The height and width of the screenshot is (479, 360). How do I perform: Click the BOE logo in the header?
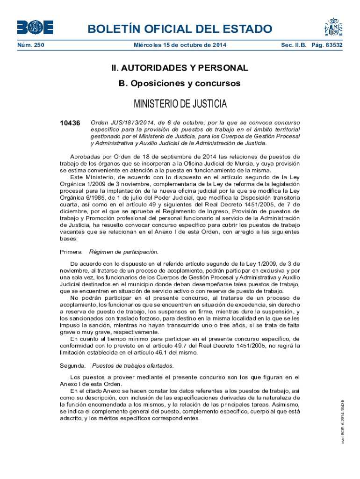click(x=35, y=28)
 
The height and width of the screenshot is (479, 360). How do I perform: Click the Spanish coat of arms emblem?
click(x=334, y=28)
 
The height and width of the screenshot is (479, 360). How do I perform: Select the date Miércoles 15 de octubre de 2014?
click(x=180, y=45)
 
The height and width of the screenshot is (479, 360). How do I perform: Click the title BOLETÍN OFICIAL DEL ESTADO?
click(x=180, y=29)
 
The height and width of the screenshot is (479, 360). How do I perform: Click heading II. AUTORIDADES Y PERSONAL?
click(x=180, y=68)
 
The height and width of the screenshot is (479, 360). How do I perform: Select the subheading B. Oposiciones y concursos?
click(x=180, y=83)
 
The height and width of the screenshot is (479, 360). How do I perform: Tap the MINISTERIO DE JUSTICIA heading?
click(x=180, y=103)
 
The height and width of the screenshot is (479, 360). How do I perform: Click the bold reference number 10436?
click(x=70, y=123)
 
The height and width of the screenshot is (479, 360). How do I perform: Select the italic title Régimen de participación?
click(x=124, y=252)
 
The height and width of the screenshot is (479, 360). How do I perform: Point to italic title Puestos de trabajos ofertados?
click(x=133, y=365)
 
